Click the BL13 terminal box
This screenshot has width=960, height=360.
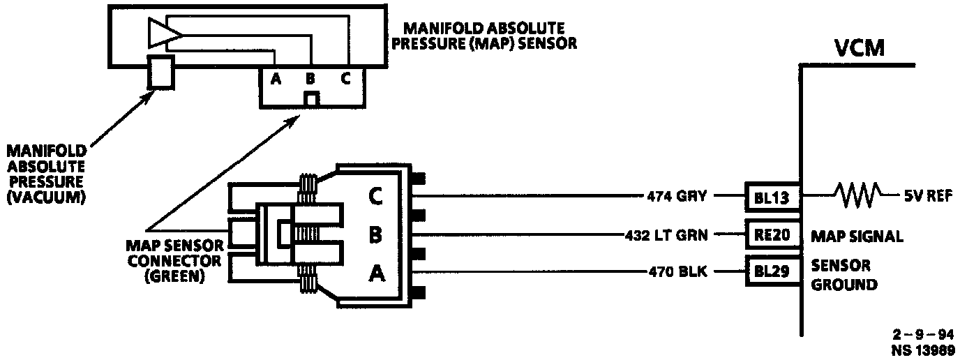click(x=771, y=197)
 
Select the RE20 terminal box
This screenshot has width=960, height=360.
click(x=771, y=235)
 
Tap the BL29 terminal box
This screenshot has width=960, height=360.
click(x=771, y=271)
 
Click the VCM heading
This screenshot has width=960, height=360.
click(x=860, y=49)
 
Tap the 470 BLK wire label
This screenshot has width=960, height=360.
click(x=679, y=272)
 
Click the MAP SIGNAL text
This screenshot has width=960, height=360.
click(x=857, y=237)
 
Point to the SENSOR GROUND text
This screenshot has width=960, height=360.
click(x=843, y=276)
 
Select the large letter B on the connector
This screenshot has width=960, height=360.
click(x=375, y=236)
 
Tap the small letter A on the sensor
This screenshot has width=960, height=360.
click(x=276, y=79)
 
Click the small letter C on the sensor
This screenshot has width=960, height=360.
click(x=345, y=79)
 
